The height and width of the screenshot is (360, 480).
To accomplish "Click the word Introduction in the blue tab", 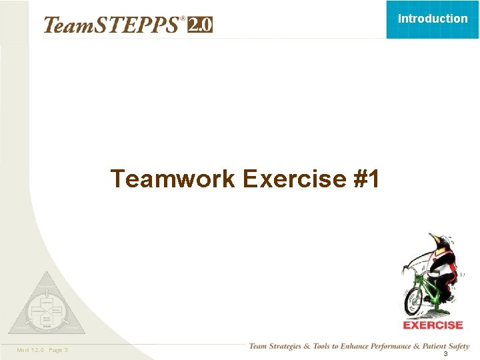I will pyautogui.click(x=433, y=19).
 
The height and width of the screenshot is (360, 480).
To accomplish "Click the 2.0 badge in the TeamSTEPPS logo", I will pyautogui.click(x=200, y=25).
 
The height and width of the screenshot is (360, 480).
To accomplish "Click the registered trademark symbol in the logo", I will pyautogui.click(x=183, y=19).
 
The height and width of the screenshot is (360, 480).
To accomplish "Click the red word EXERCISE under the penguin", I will pyautogui.click(x=433, y=325).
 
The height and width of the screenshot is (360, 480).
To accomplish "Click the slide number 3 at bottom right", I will pyautogui.click(x=445, y=353).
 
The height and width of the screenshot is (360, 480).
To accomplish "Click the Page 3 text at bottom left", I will pyautogui.click(x=58, y=350).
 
